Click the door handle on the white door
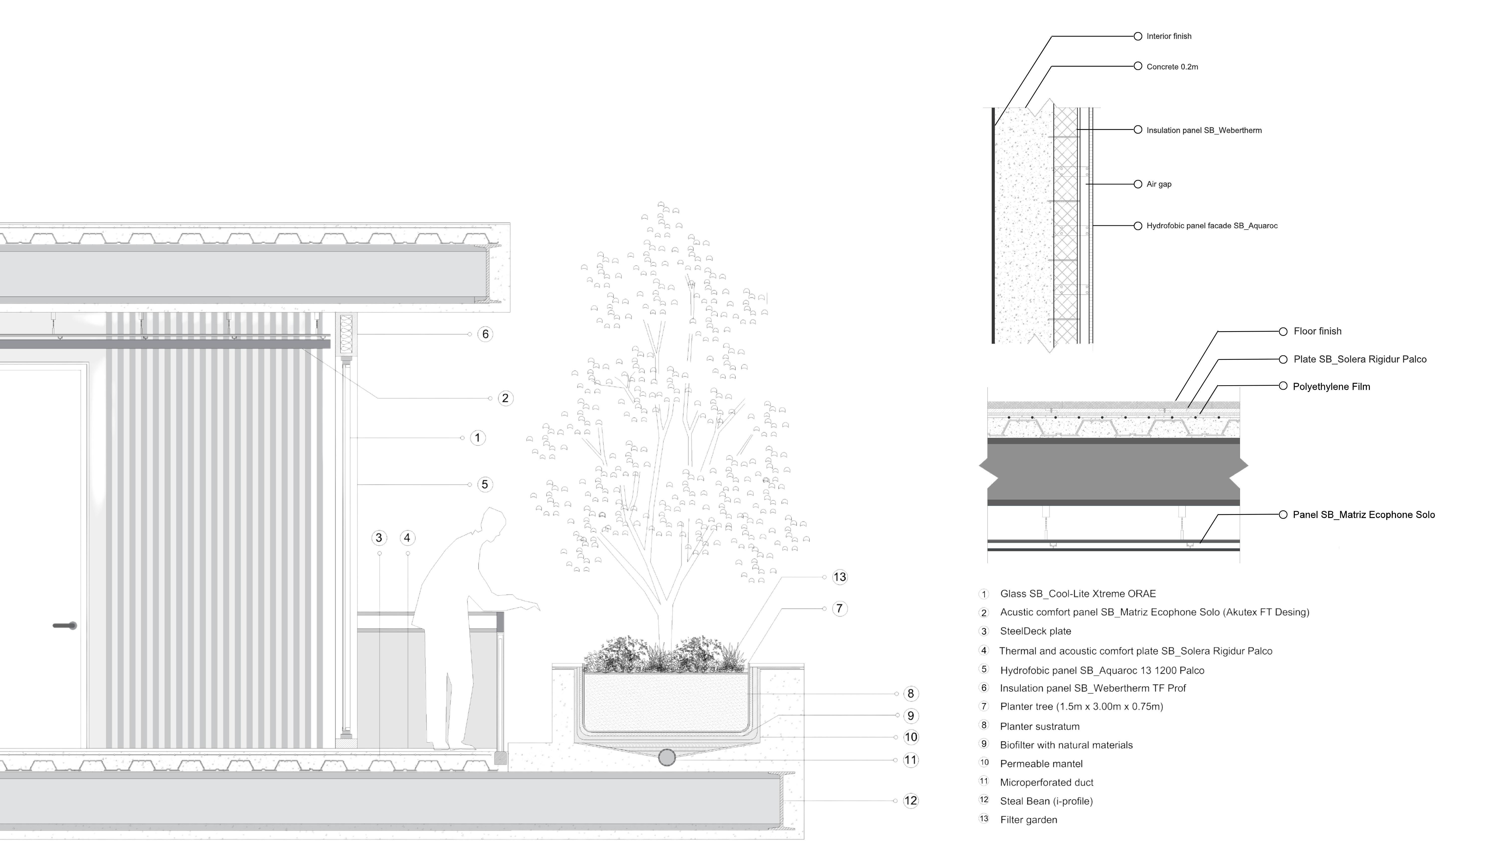(65, 625)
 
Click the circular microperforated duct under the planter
(667, 758)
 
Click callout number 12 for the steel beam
(910, 801)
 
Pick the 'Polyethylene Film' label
(1331, 386)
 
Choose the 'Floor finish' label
(1317, 331)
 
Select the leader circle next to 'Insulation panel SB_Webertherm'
(1138, 130)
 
